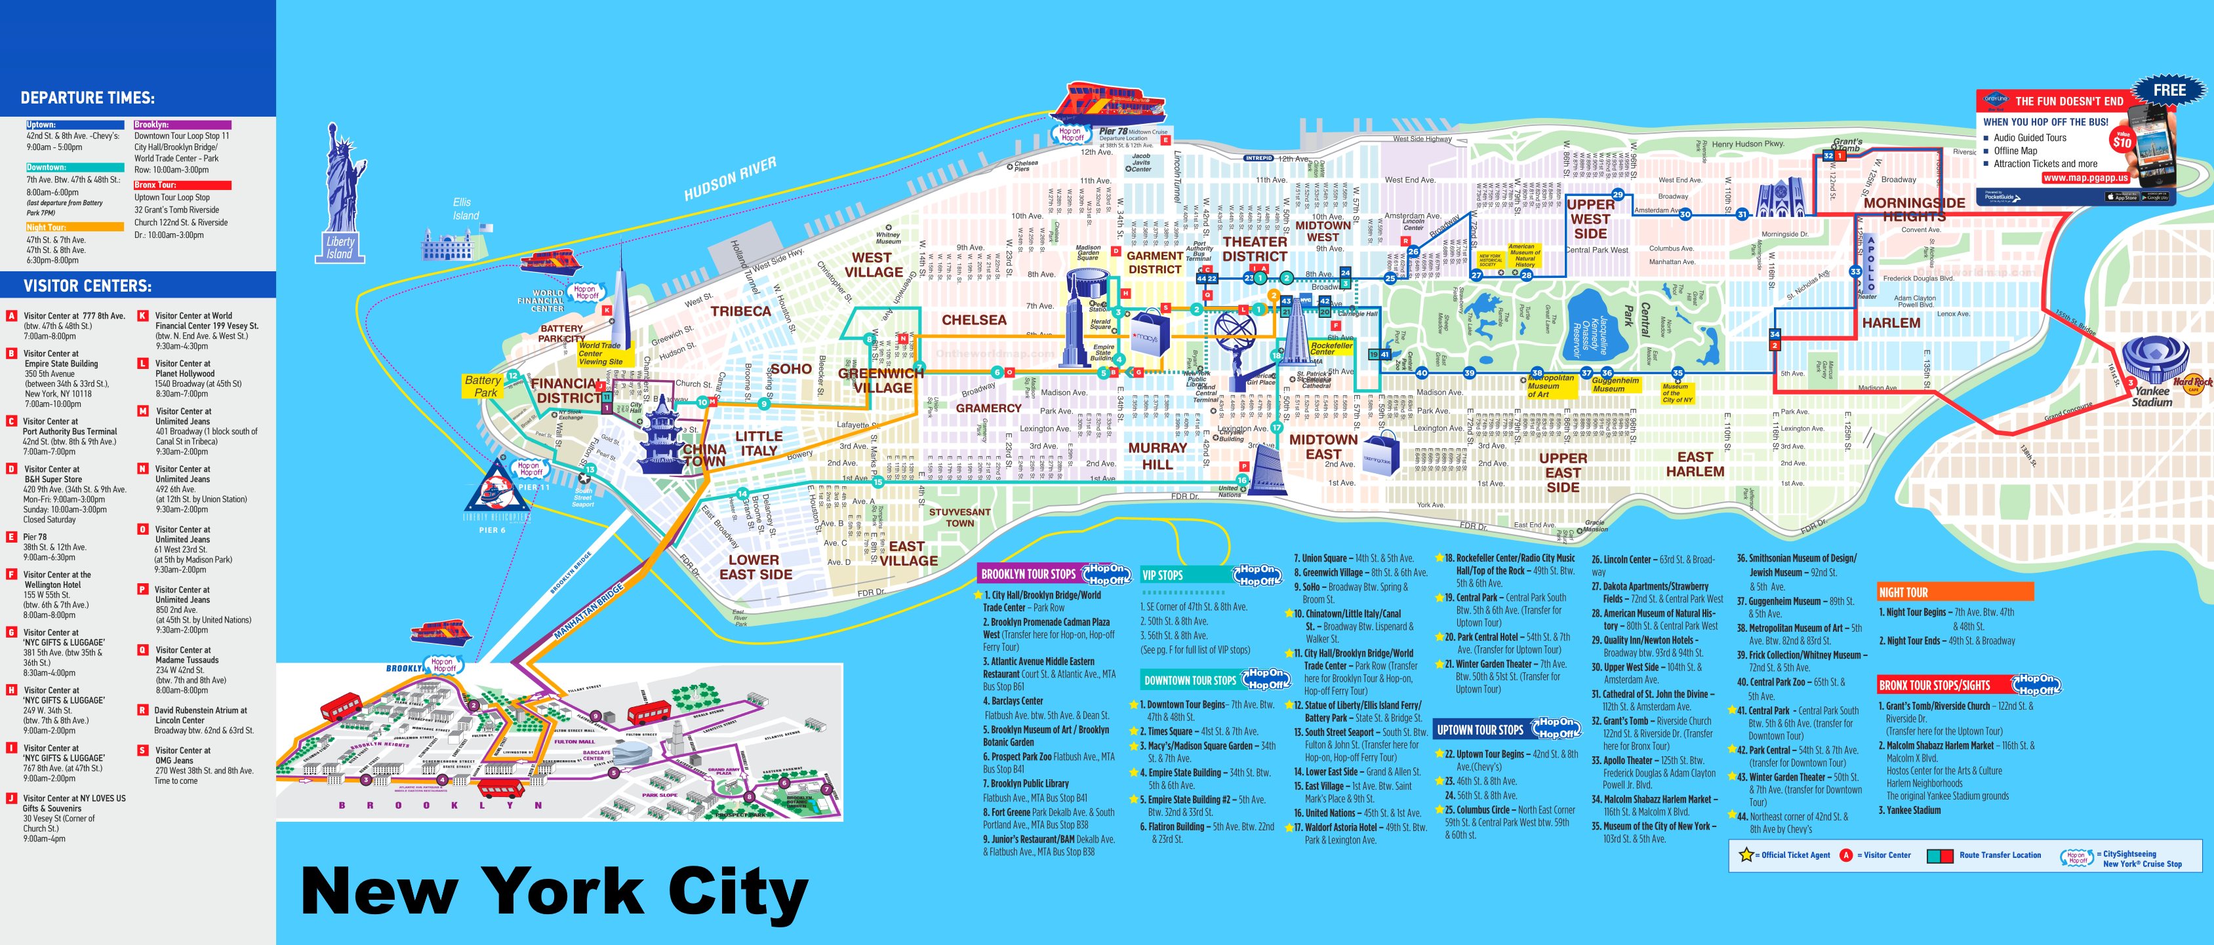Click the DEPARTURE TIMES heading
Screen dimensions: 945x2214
[88, 98]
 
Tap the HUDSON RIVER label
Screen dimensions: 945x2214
[730, 179]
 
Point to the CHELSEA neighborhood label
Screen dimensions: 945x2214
[974, 320]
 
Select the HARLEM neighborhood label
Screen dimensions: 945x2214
[1891, 323]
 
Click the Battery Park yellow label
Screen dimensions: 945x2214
[483, 386]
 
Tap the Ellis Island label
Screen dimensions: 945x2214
[465, 209]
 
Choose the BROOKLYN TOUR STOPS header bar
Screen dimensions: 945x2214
[1028, 574]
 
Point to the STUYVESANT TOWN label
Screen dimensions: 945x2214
[959, 517]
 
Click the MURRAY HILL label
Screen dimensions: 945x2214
[1157, 455]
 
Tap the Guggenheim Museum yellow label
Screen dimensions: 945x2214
[1615, 384]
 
